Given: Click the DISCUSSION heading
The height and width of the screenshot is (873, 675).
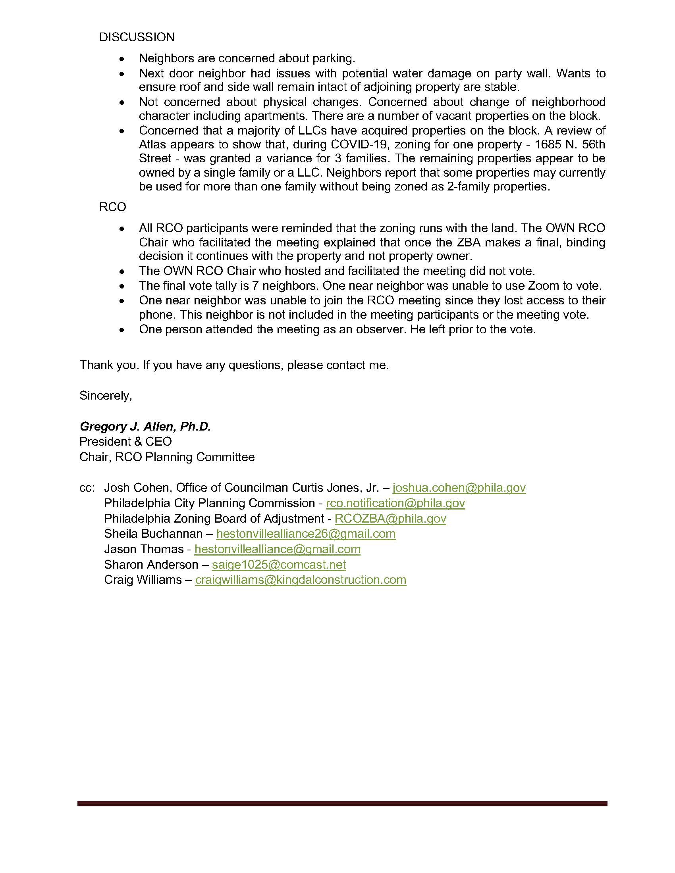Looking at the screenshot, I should click(137, 37).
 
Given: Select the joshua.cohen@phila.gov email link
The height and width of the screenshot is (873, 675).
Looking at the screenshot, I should click(459, 488).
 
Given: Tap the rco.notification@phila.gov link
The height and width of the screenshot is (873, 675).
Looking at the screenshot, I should click(395, 503).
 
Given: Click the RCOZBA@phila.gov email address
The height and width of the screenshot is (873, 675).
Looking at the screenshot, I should click(390, 519).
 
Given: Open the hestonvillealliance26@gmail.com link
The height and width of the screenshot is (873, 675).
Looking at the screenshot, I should click(305, 534).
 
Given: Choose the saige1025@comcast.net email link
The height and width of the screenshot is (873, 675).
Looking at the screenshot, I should click(278, 564).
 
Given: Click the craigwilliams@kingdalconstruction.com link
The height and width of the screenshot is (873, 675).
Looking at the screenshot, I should click(300, 580).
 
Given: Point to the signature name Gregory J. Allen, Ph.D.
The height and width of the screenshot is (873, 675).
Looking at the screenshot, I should click(145, 427).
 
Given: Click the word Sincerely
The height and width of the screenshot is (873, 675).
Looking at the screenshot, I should click(106, 396).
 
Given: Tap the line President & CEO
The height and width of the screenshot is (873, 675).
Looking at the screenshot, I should click(125, 442).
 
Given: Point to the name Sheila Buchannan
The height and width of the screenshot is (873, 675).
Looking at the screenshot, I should click(153, 534).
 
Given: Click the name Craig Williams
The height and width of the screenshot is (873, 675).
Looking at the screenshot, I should click(143, 580).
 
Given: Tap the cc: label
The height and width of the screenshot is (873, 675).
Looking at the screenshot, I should click(87, 488).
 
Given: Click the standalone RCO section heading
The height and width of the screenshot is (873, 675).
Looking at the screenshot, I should click(112, 207).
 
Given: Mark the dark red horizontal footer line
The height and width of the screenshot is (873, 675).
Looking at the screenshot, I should click(342, 804).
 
